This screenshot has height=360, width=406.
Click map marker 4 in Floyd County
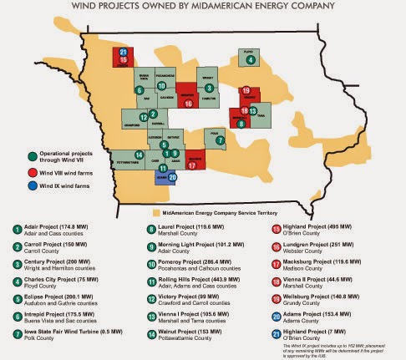(x=251, y=59)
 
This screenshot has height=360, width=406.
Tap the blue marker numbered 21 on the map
(x=124, y=51)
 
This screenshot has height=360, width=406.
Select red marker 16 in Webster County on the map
(x=188, y=102)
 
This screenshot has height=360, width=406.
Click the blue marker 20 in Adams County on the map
(x=172, y=177)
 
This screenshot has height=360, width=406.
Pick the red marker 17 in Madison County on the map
(x=191, y=165)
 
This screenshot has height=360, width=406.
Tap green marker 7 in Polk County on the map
(x=220, y=140)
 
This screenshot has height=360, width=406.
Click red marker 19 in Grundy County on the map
(x=246, y=90)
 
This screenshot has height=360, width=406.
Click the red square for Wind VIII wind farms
(x=30, y=169)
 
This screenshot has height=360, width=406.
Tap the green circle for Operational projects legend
(x=30, y=154)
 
